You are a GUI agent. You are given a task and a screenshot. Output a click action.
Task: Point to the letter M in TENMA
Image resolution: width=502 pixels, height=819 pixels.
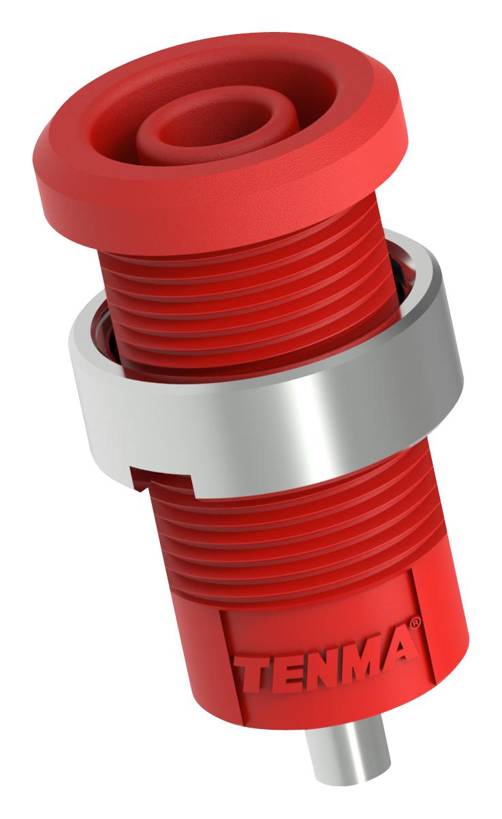tap(361, 655)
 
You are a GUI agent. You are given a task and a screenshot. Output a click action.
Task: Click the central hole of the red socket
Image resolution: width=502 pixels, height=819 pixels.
tap(204, 123)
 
